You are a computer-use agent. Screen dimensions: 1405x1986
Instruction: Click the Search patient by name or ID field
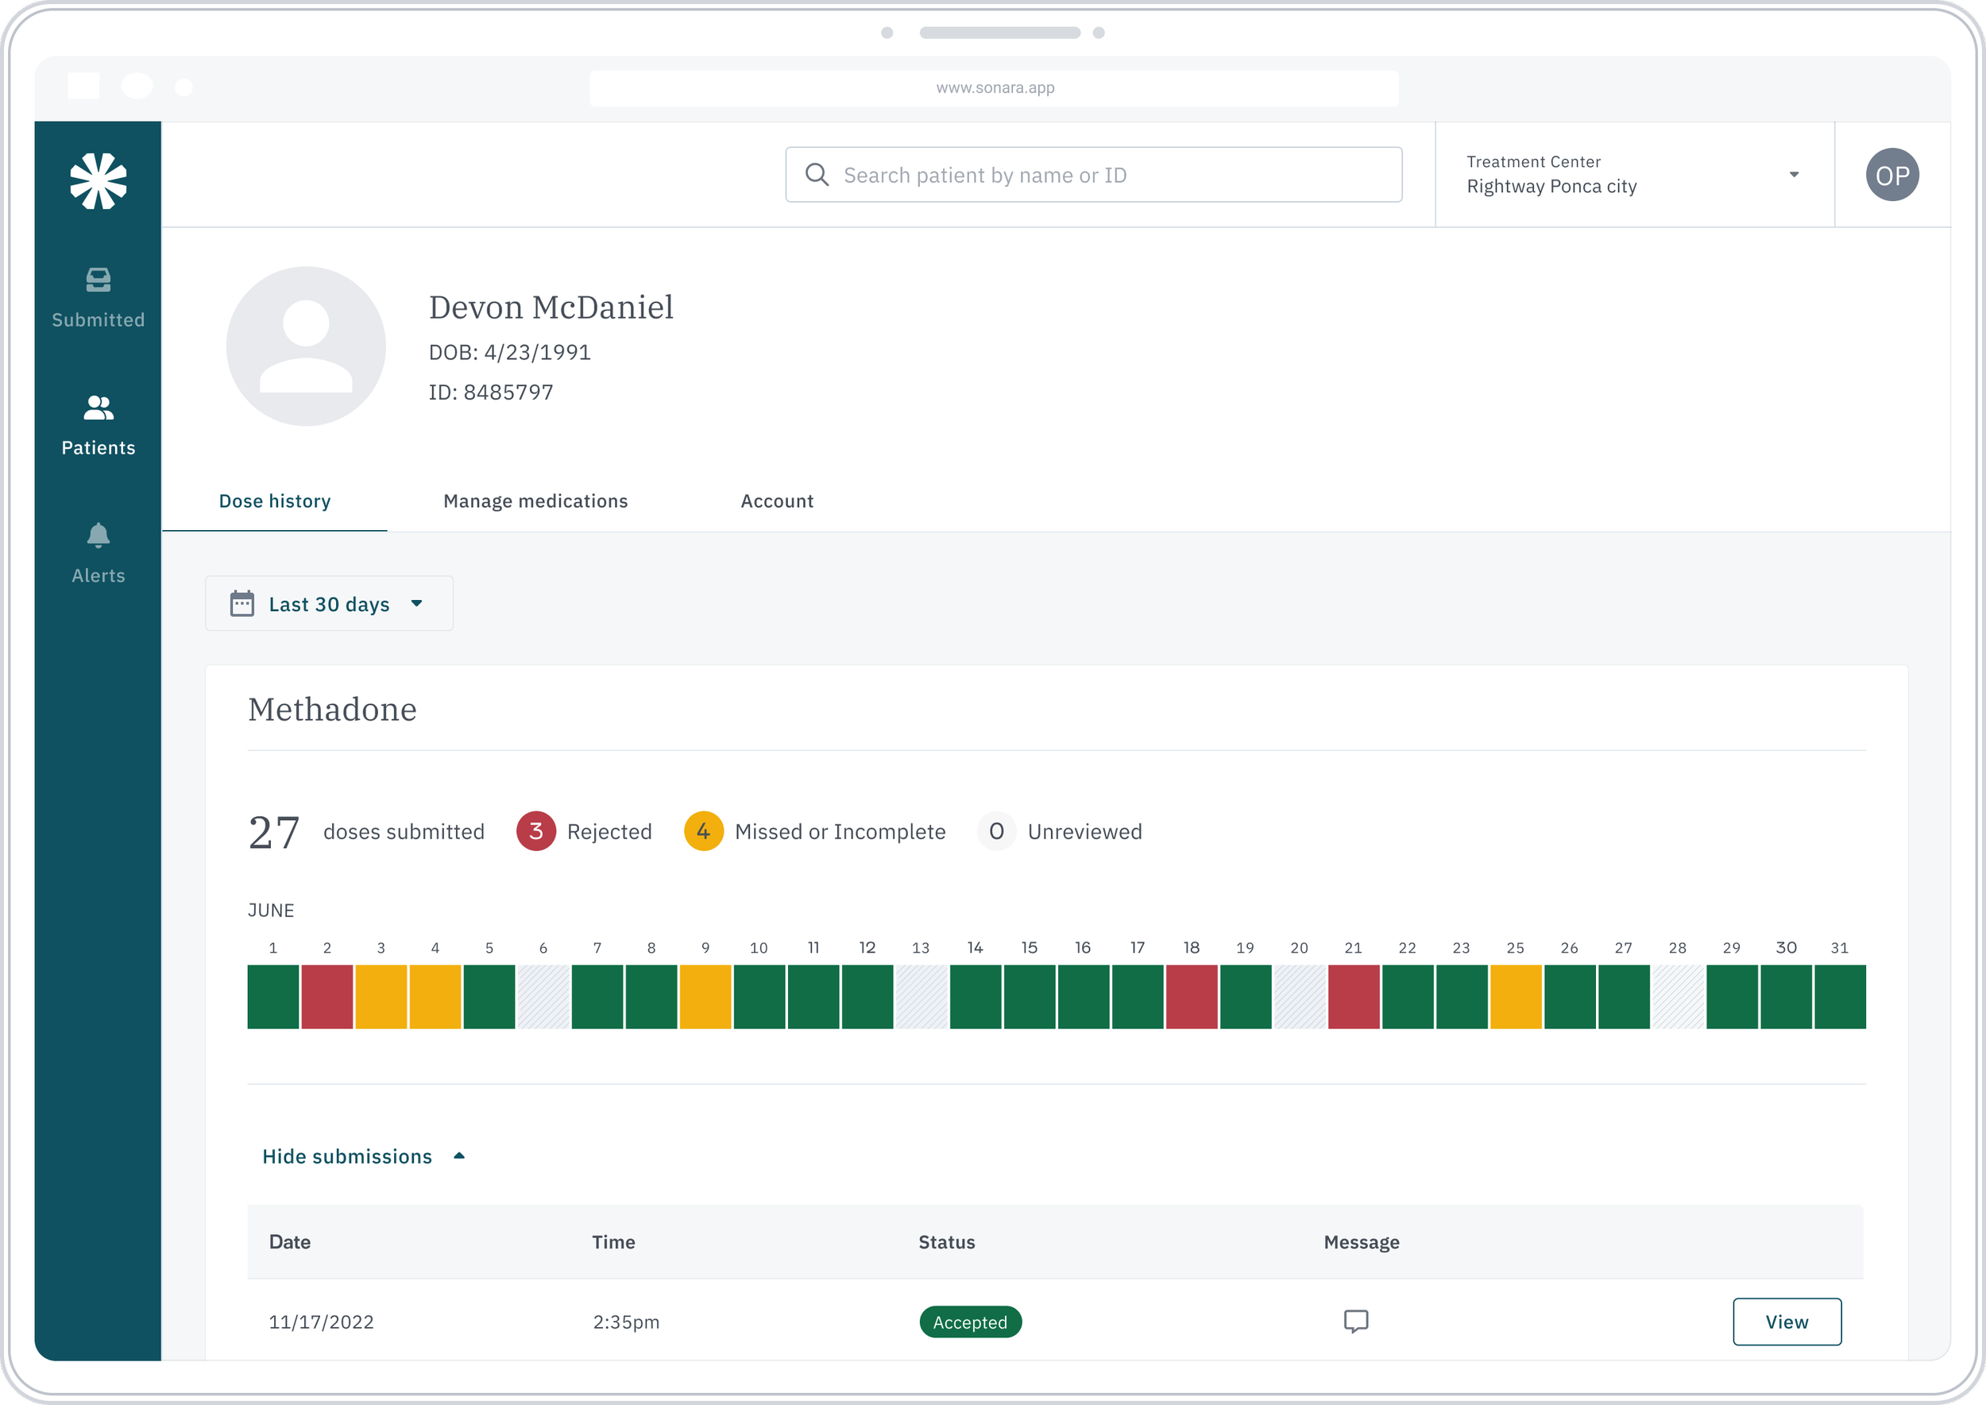pyautogui.click(x=1093, y=175)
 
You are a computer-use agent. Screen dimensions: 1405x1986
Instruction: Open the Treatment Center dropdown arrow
pyautogui.click(x=1793, y=175)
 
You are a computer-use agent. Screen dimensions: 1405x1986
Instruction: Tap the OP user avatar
pyautogui.click(x=1891, y=175)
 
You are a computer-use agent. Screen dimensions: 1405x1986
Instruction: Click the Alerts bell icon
pyautogui.click(x=98, y=536)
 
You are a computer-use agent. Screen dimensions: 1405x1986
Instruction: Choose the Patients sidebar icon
pyautogui.click(x=98, y=408)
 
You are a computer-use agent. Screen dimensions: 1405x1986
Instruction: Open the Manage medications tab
pyautogui.click(x=535, y=501)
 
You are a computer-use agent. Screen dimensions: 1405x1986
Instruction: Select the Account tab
pyautogui.click(x=777, y=501)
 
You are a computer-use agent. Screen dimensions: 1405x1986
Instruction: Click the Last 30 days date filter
pyautogui.click(x=329, y=604)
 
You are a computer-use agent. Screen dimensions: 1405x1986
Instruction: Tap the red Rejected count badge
pyautogui.click(x=535, y=831)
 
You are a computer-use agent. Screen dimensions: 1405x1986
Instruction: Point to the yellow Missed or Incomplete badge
pyautogui.click(x=703, y=831)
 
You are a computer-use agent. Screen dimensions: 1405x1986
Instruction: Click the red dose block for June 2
pyautogui.click(x=327, y=997)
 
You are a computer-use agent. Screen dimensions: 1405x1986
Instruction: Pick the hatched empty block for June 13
pyautogui.click(x=922, y=997)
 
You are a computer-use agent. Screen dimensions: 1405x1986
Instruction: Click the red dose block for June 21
pyautogui.click(x=1354, y=997)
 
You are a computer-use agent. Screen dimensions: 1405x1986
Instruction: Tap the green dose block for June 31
pyautogui.click(x=1840, y=997)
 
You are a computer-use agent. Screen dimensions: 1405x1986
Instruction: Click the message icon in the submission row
pyautogui.click(x=1355, y=1321)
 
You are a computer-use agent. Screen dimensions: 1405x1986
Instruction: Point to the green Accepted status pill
pyautogui.click(x=970, y=1322)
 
